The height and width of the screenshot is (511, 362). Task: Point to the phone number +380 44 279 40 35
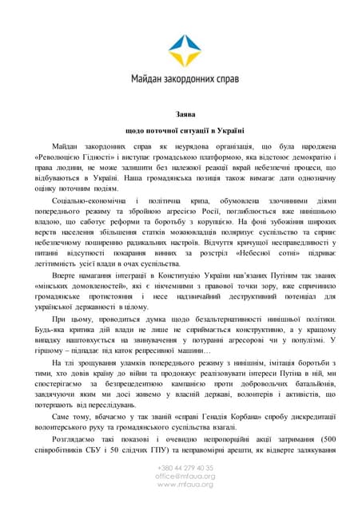(x=185, y=467)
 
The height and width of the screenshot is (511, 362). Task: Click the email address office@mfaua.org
(x=185, y=476)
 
